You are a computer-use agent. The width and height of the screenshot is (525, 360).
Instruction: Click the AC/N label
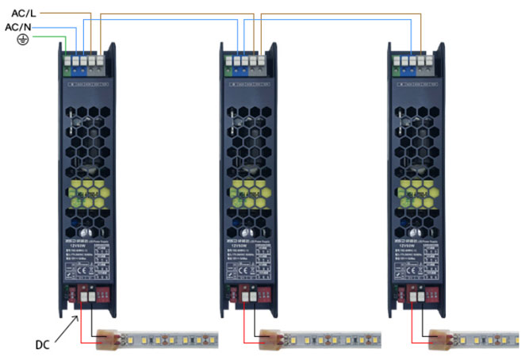point(19,27)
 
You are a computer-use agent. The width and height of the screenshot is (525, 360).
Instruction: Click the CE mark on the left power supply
point(79,270)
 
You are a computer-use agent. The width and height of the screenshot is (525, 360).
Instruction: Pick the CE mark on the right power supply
point(410,270)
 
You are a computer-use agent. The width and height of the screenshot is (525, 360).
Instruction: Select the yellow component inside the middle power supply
point(250,190)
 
